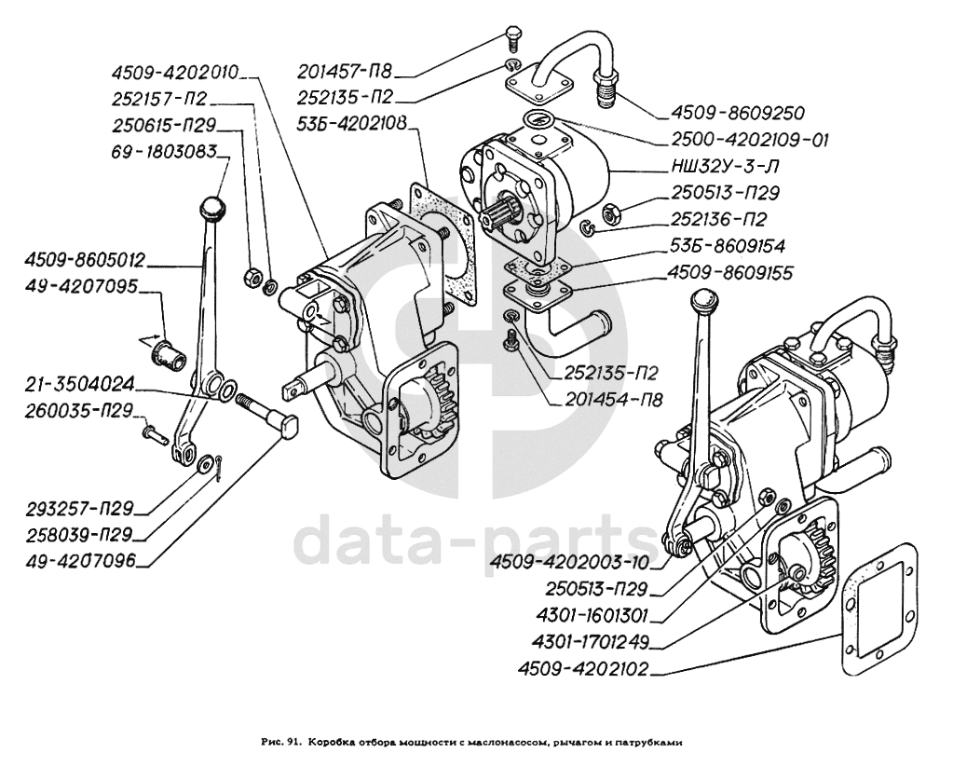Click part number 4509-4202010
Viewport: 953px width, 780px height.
[x=174, y=71]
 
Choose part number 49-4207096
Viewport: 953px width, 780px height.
[x=81, y=561]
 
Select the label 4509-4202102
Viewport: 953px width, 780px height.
[x=587, y=669]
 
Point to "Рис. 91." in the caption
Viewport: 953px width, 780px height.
[x=279, y=743]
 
